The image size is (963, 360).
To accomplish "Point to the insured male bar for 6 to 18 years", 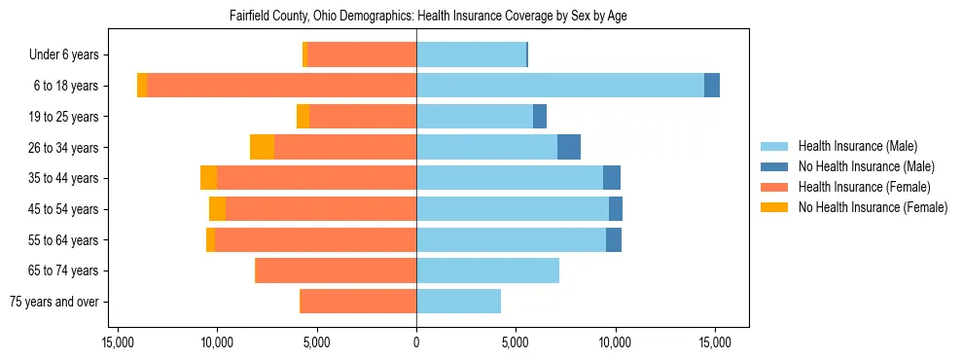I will tap(559, 85).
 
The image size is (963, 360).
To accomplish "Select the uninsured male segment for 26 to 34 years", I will tap(569, 147).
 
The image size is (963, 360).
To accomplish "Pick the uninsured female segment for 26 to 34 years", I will tap(262, 147).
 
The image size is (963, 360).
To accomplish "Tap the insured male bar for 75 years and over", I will tap(458, 302).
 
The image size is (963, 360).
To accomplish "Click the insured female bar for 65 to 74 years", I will tap(336, 270).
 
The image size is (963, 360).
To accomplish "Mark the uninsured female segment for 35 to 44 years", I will tap(208, 178).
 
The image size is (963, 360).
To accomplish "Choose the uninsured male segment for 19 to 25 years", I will tap(540, 116).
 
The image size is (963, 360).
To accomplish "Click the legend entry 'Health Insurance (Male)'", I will tap(857, 146).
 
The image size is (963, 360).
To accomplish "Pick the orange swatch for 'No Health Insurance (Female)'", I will tap(773, 207).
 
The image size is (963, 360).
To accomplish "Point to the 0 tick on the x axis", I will tap(416, 342).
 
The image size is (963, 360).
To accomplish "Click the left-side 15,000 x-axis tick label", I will tap(118, 342).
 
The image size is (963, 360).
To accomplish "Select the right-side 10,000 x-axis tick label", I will tap(616, 342).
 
